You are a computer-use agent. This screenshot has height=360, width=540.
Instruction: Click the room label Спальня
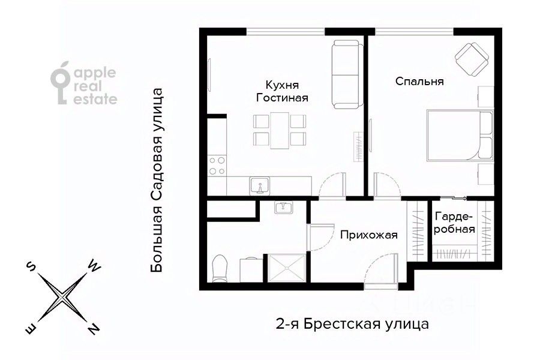click(420, 82)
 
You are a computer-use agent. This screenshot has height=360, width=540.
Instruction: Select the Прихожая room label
click(368, 235)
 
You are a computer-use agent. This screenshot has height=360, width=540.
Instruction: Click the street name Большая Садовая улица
click(157, 181)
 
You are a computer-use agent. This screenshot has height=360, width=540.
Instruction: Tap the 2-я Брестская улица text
click(352, 325)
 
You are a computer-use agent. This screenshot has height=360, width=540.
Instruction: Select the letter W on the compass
click(94, 265)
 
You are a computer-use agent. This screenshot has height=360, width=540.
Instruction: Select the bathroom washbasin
click(283, 208)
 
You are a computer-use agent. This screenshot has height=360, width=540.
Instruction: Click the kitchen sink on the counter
click(260, 185)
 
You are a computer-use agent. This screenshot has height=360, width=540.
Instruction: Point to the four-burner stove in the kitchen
click(216, 165)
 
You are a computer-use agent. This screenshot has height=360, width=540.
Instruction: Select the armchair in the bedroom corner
click(472, 58)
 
